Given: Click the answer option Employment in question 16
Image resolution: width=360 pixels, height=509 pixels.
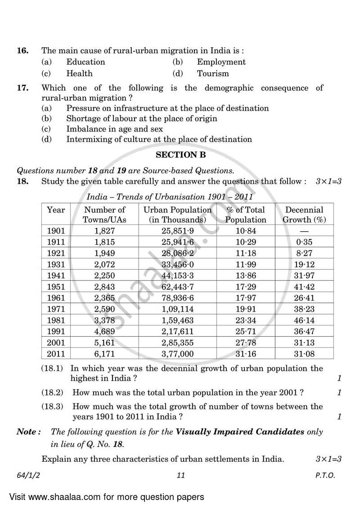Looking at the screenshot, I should (221, 62).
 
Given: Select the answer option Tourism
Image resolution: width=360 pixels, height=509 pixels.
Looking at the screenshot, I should (212, 73).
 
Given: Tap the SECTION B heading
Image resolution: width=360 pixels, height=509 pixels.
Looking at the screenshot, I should (180, 155).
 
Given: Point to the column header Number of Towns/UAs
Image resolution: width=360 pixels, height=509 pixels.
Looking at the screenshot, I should (104, 215).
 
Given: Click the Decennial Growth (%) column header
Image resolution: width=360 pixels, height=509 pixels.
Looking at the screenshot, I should (304, 215).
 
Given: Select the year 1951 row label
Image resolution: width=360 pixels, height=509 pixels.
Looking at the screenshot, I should (56, 287).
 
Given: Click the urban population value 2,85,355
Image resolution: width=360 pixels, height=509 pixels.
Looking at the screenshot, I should (177, 342).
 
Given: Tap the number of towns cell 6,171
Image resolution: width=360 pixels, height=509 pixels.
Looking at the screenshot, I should (104, 354).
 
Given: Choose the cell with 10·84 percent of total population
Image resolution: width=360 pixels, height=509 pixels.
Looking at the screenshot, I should (245, 231).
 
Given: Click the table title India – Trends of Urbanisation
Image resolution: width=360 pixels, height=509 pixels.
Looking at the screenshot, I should (170, 197).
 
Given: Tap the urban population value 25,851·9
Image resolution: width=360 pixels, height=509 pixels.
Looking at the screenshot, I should (177, 231).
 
